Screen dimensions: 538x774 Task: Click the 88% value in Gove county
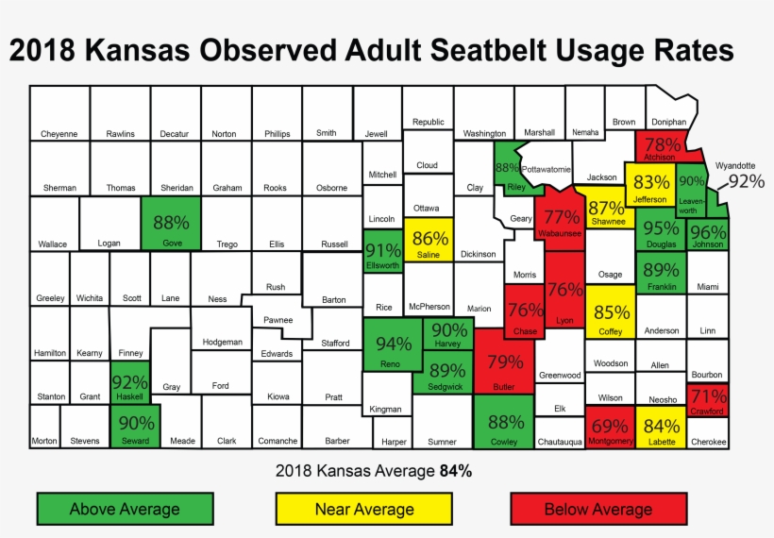click(171, 223)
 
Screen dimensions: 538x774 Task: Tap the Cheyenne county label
click(59, 134)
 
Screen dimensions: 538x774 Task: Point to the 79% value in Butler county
click(505, 361)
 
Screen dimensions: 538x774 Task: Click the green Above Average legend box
click(125, 509)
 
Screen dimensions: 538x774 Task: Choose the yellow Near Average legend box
click(364, 509)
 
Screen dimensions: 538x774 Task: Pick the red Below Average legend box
click(597, 509)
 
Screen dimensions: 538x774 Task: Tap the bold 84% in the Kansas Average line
click(456, 470)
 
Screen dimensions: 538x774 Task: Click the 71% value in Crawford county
click(708, 395)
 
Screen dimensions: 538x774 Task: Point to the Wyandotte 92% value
click(746, 181)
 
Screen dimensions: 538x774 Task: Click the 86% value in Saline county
click(430, 239)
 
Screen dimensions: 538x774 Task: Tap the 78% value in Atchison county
click(662, 144)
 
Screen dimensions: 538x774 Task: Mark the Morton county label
click(43, 441)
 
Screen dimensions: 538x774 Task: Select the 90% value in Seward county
click(136, 424)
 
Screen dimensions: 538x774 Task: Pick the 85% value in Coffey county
click(612, 312)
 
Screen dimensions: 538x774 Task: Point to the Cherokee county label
click(708, 441)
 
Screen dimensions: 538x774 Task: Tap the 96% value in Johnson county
click(708, 231)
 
